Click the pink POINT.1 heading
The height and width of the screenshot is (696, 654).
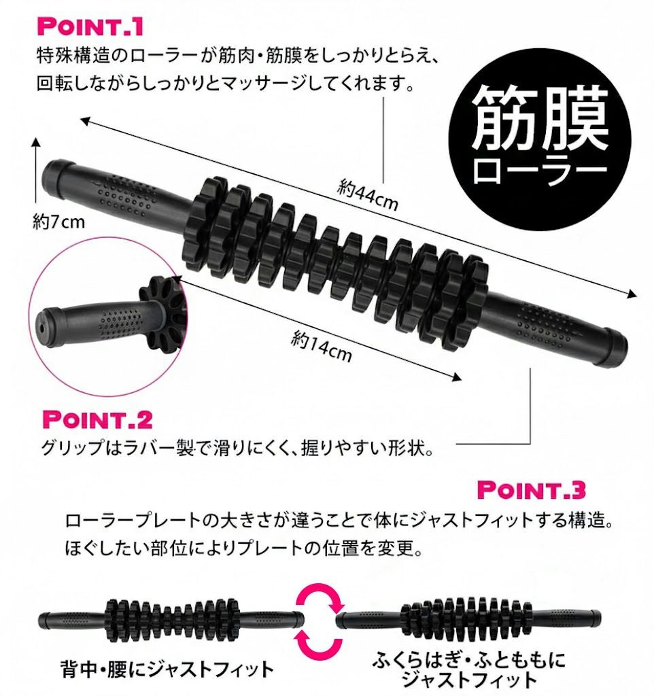(x=90, y=27)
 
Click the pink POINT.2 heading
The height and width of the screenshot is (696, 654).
(x=97, y=419)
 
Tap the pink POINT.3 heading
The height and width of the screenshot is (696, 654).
(x=531, y=489)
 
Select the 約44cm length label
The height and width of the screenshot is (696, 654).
(x=367, y=194)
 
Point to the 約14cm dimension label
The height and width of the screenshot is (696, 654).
(x=321, y=346)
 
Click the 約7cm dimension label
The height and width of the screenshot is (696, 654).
(x=58, y=221)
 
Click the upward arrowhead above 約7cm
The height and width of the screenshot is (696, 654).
(x=37, y=141)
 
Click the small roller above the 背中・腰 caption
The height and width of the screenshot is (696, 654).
(x=171, y=619)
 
